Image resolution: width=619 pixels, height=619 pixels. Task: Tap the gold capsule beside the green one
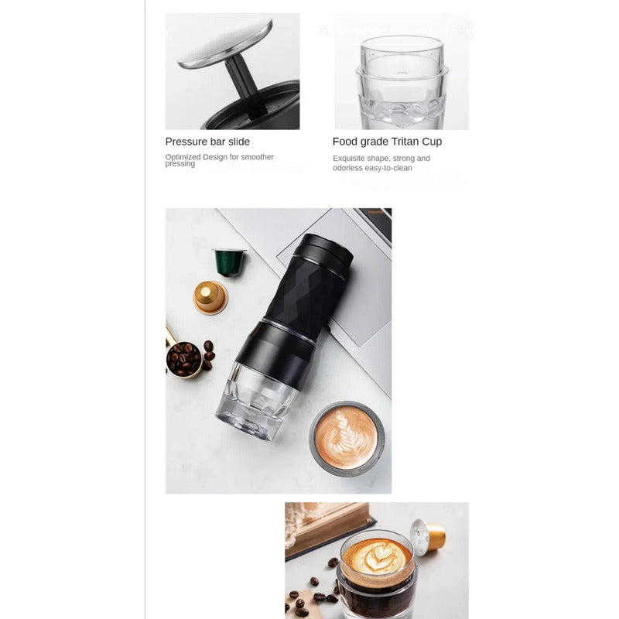(210, 296)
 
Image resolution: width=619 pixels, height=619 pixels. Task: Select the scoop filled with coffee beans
(185, 358)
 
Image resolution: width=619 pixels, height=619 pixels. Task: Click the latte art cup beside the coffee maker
(347, 437)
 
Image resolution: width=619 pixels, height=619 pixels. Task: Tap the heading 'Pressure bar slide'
(207, 142)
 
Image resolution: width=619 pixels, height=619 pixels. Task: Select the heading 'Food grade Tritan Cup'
(387, 142)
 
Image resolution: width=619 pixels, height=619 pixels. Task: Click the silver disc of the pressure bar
(225, 43)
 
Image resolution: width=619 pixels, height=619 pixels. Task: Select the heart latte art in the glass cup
(375, 556)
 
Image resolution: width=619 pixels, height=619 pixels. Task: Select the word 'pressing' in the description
(180, 164)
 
